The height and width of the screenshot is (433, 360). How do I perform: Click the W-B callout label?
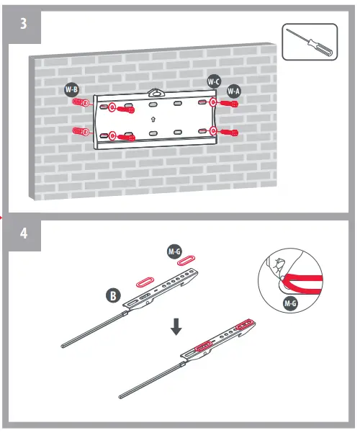(x=71, y=89)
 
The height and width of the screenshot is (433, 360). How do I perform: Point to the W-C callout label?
(x=213, y=82)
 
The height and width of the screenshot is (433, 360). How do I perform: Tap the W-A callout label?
(x=233, y=91)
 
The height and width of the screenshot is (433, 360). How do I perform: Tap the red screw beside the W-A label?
(x=229, y=104)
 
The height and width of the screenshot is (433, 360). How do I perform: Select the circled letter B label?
(x=113, y=295)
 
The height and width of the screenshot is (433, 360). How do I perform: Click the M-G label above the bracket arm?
(x=174, y=251)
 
